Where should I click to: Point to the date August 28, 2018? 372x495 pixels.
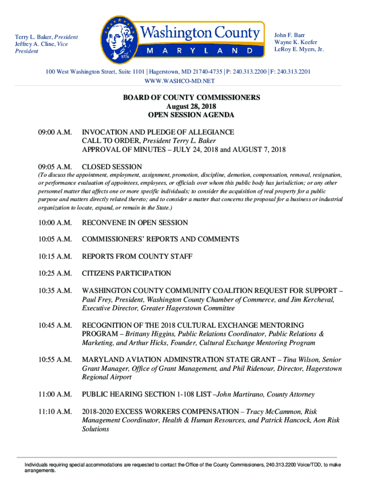click(x=191, y=106)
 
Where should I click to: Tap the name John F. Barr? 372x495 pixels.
click(x=290, y=35)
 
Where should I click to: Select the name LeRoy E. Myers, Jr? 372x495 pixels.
click(x=299, y=50)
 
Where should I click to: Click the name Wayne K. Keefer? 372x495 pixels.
click(x=296, y=43)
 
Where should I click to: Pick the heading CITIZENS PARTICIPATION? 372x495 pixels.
click(x=126, y=274)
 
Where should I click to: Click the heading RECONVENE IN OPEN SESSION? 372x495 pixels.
click(x=135, y=223)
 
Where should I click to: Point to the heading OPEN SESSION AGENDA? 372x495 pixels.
click(x=191, y=115)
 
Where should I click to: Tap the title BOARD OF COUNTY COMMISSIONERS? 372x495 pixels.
click(x=191, y=98)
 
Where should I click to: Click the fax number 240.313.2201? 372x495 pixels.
click(x=292, y=72)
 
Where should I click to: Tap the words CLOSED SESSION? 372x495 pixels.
click(x=112, y=167)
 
